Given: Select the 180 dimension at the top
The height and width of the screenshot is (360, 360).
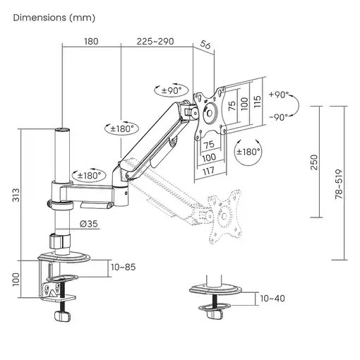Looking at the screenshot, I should click(x=91, y=42).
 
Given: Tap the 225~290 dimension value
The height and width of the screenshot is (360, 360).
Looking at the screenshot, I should click(x=155, y=42).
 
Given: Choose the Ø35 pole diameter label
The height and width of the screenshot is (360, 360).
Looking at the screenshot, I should click(x=89, y=224).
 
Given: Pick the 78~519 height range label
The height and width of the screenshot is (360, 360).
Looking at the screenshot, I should click(x=341, y=182).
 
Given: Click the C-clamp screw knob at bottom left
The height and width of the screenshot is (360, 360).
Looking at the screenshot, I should click(x=59, y=316).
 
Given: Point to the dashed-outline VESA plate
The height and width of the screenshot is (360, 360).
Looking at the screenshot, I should click(x=227, y=216).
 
